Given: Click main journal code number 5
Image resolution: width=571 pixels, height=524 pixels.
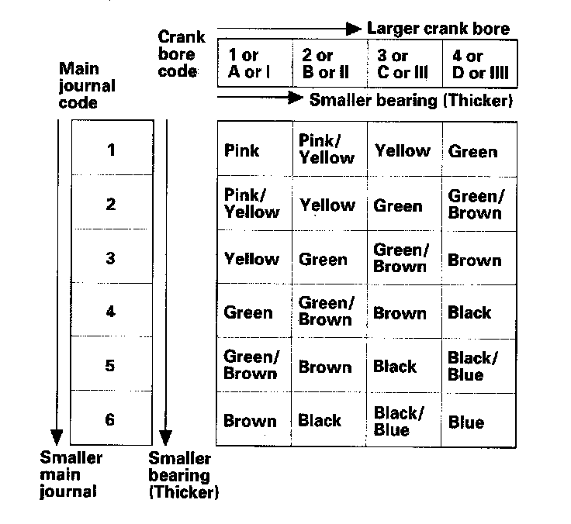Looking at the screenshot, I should tap(110, 365).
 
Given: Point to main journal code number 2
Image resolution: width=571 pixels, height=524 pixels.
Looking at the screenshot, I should tap(110, 204).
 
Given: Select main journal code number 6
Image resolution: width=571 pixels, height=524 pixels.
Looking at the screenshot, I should tap(110, 419).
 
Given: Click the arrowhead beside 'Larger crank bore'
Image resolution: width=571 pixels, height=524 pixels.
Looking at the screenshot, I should tap(354, 29).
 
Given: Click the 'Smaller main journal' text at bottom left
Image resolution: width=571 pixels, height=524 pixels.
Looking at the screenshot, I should tap(71, 474).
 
